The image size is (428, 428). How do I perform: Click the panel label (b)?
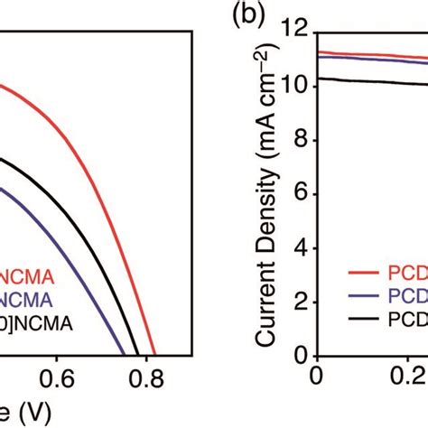point(247,17)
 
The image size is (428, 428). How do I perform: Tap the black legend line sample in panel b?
point(365,320)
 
